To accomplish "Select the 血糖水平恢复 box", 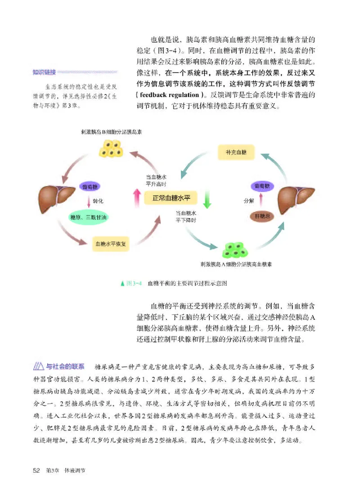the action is click(111, 245).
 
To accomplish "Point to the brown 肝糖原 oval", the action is click(262, 216).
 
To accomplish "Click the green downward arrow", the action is click(207, 198).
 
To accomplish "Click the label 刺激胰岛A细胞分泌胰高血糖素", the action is click(239, 264).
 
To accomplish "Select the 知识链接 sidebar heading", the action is click(44, 72).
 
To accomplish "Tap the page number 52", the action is click(37, 471).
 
